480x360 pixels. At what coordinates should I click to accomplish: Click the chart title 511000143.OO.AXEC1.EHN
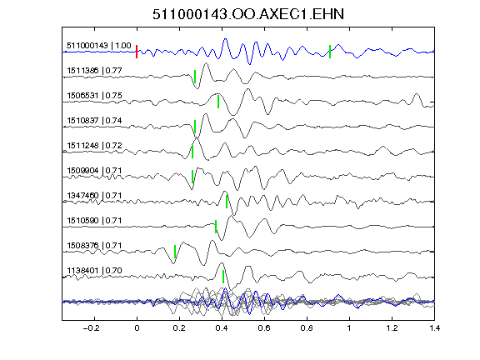click(x=248, y=14)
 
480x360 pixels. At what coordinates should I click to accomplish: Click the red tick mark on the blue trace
click(x=137, y=52)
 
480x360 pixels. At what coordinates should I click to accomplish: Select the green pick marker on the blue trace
click(x=330, y=52)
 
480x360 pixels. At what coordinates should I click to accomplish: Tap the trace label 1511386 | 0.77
click(x=94, y=71)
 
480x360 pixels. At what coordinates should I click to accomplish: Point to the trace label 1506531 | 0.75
click(x=94, y=96)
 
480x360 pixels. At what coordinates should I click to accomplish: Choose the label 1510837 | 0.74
click(x=94, y=121)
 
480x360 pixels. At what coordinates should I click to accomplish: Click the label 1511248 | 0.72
click(x=94, y=145)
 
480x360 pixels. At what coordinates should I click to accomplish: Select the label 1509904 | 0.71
click(x=94, y=171)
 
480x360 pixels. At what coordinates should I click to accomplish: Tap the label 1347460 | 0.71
click(x=94, y=196)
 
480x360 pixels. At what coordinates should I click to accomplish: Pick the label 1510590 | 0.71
click(x=94, y=221)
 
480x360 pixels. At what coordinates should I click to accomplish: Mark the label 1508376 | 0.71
click(x=94, y=246)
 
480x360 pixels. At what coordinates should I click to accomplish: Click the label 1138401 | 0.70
click(x=94, y=271)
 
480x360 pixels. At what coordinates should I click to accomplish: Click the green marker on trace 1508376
click(x=175, y=252)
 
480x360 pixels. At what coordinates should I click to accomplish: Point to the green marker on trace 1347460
click(x=227, y=202)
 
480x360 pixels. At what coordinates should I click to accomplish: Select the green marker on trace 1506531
click(x=218, y=102)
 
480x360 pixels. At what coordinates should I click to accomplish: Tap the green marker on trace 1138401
click(x=223, y=277)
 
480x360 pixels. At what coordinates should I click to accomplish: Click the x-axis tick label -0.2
click(x=91, y=328)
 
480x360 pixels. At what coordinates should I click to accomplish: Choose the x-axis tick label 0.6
click(x=264, y=328)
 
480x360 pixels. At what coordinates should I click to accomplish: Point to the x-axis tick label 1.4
click(x=435, y=328)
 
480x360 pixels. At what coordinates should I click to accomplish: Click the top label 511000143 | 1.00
click(x=99, y=46)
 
